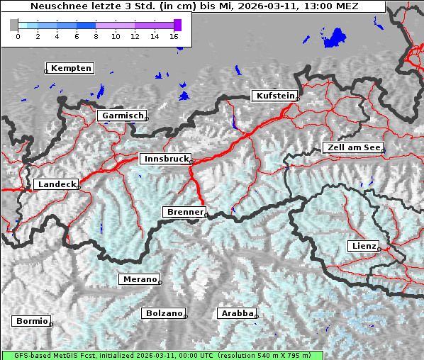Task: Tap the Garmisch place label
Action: point(123,115)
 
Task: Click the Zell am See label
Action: point(354,147)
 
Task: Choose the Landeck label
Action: point(56,184)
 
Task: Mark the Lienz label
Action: point(364,246)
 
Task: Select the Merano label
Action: point(140,279)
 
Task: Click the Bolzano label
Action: point(164,313)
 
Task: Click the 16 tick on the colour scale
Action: point(174,36)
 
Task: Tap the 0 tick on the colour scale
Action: point(18,36)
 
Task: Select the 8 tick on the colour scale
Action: point(96,36)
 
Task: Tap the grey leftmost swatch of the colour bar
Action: point(14,25)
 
